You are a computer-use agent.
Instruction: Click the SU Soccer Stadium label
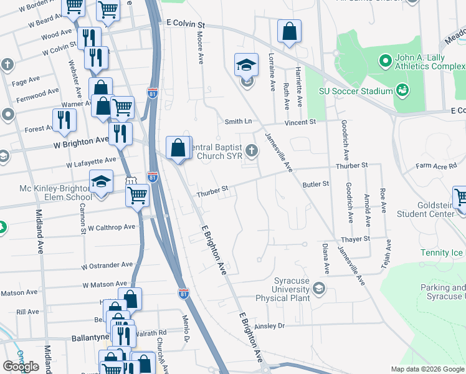point(355,91)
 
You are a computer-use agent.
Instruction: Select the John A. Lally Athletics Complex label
point(430,62)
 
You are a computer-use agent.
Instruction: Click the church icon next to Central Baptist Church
point(252,150)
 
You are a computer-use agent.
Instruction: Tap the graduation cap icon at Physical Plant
point(320,288)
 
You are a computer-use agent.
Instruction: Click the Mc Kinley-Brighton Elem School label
point(47,192)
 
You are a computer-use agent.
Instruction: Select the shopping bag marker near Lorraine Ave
point(290,32)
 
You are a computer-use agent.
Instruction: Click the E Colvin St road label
point(186,23)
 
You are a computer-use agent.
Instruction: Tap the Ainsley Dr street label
point(270,325)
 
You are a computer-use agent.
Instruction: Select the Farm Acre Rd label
point(437,166)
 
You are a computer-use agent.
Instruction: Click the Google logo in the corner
point(21,366)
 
